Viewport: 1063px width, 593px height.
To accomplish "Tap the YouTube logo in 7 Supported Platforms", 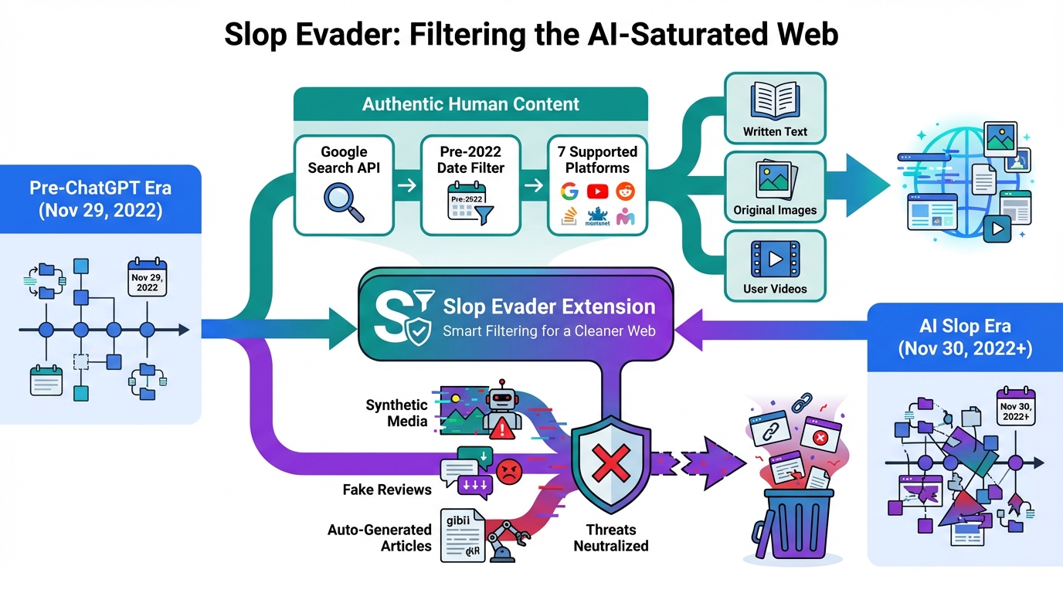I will tap(597, 191).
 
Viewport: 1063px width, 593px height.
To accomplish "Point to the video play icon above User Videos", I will tap(774, 259).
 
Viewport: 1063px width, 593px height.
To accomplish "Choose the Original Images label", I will tap(775, 209).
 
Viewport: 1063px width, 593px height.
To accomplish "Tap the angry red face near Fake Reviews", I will tap(508, 472).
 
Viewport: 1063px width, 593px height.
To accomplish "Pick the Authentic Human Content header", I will tap(470, 103).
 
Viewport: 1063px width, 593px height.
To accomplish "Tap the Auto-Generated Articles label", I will tap(379, 537).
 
